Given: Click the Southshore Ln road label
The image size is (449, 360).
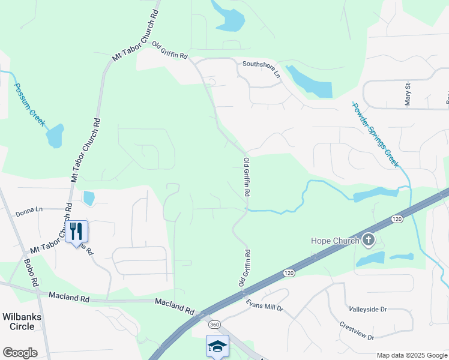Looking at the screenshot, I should click(x=261, y=68).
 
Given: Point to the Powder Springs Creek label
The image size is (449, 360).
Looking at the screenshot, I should click(x=375, y=135).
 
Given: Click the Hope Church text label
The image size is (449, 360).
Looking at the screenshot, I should click(x=334, y=241).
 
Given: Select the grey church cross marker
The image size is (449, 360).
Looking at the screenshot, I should click(x=369, y=241).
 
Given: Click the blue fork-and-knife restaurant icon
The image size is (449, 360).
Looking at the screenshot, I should click(x=76, y=231).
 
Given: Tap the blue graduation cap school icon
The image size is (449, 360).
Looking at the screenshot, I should click(x=217, y=346).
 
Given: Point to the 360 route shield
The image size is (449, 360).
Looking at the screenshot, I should click(x=214, y=325).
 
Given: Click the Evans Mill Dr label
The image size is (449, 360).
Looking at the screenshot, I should click(x=264, y=305).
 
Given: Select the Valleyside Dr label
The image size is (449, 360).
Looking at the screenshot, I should click(x=368, y=309).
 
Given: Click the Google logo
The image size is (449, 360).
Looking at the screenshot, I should click(x=20, y=353).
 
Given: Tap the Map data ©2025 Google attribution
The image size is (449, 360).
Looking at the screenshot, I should click(x=411, y=355).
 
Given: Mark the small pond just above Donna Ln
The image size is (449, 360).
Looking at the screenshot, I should click(x=89, y=197).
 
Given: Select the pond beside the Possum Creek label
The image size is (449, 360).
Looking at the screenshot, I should click(x=55, y=136).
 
